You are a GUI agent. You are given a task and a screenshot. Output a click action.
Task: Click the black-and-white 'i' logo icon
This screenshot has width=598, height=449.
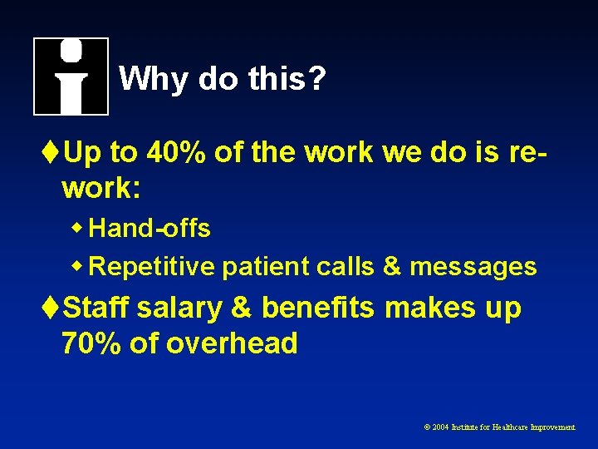(x=71, y=76)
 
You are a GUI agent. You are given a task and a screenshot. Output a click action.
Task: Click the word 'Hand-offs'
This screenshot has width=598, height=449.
(x=149, y=229)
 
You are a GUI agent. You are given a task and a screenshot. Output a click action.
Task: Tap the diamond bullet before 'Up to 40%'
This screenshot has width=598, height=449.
(x=53, y=153)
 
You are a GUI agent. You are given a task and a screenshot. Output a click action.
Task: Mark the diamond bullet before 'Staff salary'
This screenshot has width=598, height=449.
(x=53, y=308)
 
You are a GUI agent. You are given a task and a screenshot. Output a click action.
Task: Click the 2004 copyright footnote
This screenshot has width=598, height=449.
(x=500, y=427)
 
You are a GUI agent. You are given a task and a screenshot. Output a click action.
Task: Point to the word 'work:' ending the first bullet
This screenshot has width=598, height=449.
(x=100, y=189)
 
